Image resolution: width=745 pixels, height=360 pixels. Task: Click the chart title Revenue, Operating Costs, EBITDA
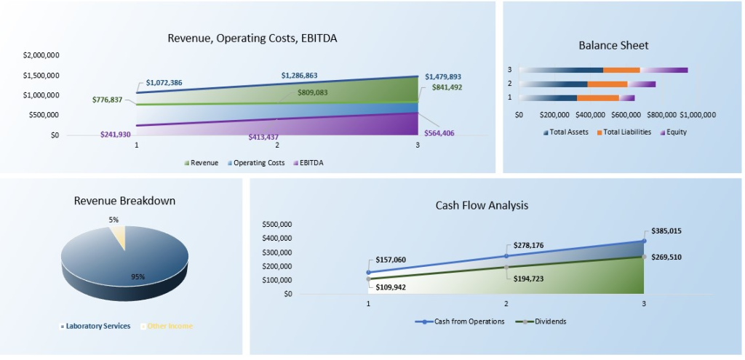252,39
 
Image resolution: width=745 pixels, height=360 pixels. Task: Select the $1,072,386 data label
164,82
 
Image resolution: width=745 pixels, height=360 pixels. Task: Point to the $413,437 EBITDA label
269,136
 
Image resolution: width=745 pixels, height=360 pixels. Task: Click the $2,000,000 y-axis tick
41,55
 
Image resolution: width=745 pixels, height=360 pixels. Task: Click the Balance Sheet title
613,45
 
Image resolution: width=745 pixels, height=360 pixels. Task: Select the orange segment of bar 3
621,70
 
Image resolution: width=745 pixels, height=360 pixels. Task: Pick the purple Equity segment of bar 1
626,97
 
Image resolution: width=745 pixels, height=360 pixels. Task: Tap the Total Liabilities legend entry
629,132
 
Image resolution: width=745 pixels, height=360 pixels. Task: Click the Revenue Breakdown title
124,201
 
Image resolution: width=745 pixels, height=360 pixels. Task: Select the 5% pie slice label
113,219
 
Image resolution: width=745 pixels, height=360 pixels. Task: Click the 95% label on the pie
138,276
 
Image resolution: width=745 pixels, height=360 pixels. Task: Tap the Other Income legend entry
170,326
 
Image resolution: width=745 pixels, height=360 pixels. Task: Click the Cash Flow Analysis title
482,205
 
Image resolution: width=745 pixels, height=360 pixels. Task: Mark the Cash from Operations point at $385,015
643,241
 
